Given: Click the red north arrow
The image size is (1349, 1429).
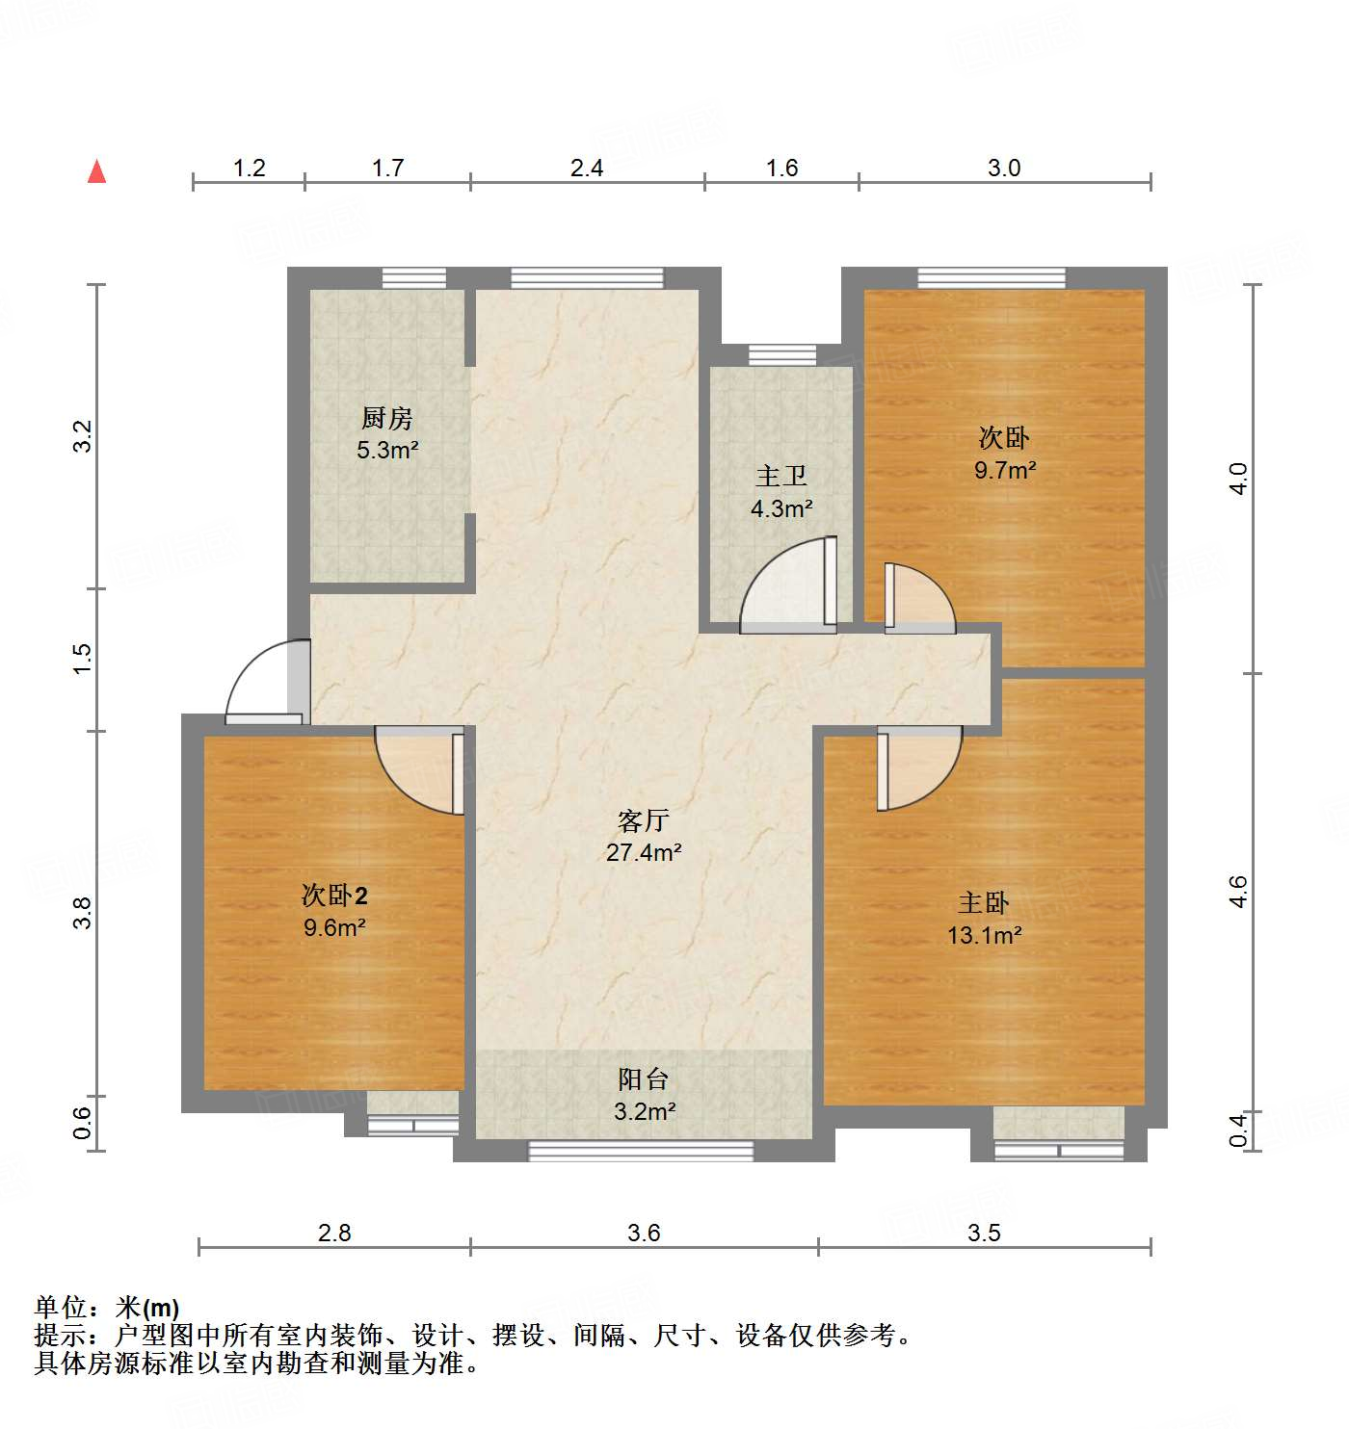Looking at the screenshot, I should tap(96, 171).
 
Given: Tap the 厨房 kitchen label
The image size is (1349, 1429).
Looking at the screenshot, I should tap(386, 418).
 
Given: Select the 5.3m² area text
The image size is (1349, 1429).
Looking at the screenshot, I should tap(387, 450).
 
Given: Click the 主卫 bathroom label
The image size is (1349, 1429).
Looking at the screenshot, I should tap(780, 477).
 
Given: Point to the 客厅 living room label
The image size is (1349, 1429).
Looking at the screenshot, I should tap(643, 821).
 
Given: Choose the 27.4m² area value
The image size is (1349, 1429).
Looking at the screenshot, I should tap(644, 852).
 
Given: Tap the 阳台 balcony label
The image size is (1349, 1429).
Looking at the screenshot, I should tap(643, 1079).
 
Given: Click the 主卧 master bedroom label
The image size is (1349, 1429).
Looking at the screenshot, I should tap(983, 903).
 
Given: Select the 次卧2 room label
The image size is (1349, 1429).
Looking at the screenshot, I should tap(334, 896).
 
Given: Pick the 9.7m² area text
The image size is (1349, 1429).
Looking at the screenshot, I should tap(1004, 470).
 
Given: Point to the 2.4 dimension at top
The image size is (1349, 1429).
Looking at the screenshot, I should tap(586, 169).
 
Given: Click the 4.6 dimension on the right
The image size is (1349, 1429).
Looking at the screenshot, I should tap(1239, 891).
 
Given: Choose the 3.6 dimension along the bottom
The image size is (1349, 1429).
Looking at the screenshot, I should tap(644, 1233).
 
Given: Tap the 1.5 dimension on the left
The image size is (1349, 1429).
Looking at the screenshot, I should tap(83, 658).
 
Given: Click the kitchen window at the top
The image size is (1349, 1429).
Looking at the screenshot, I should tap(414, 278).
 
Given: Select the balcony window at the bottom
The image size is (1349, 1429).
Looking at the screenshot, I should tap(641, 1150).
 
